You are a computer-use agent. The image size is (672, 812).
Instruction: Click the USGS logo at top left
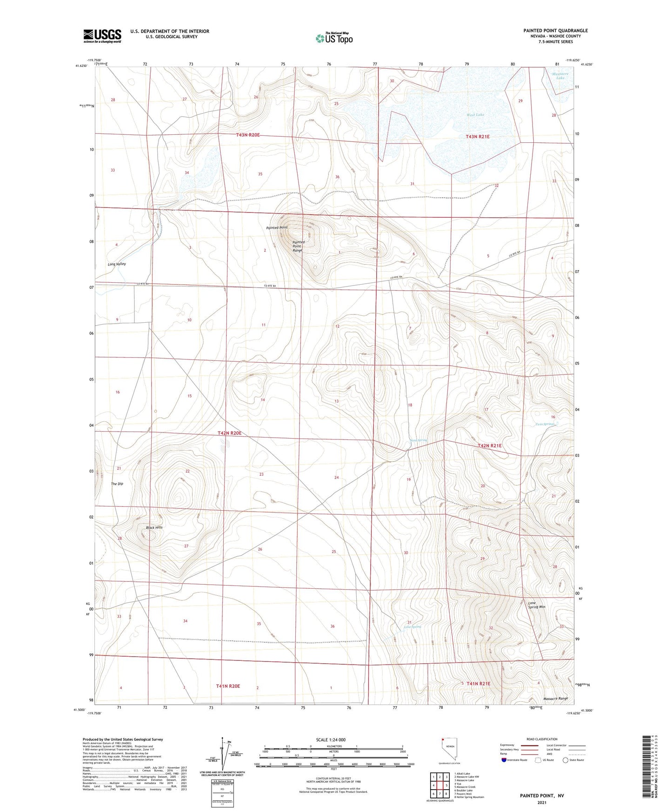click(x=102, y=35)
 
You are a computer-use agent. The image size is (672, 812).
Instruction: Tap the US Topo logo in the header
click(x=334, y=38)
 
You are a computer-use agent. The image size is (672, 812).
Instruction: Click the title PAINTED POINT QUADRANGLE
click(x=555, y=31)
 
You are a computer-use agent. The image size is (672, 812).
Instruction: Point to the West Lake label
click(x=475, y=115)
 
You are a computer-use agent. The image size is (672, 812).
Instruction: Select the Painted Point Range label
click(x=298, y=246)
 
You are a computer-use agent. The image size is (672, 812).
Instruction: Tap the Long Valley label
click(x=117, y=264)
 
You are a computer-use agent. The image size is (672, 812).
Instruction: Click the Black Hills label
click(x=154, y=528)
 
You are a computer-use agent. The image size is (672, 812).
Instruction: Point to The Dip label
click(x=117, y=484)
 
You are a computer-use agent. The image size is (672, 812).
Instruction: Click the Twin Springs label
click(x=545, y=424)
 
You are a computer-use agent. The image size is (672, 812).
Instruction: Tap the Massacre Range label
click(x=555, y=699)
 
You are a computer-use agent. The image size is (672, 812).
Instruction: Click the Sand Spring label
click(x=418, y=440)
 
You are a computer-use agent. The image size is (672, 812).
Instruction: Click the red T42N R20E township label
click(x=229, y=433)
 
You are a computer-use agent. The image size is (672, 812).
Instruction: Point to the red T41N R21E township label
click(x=479, y=684)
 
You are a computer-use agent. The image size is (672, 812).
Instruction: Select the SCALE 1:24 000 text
click(x=330, y=740)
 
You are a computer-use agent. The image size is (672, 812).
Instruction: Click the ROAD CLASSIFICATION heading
click(x=541, y=739)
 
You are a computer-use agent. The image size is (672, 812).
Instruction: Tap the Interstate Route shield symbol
click(x=505, y=760)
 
